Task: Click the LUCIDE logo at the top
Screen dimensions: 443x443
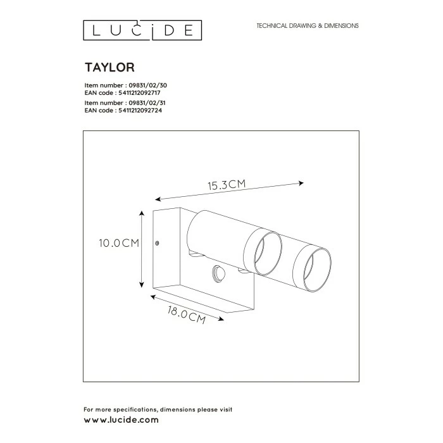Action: click(143, 29)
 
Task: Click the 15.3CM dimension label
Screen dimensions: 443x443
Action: click(226, 185)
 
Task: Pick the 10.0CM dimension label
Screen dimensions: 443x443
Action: click(118, 243)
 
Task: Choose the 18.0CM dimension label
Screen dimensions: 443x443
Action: click(187, 314)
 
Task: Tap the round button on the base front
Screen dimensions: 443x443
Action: click(219, 273)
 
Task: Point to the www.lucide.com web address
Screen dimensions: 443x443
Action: click(122, 420)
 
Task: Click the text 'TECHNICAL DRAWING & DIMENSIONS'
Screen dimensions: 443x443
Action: click(307, 26)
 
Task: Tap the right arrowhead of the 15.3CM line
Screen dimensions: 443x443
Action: click(301, 183)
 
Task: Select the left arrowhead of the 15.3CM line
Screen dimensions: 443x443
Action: click(157, 198)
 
